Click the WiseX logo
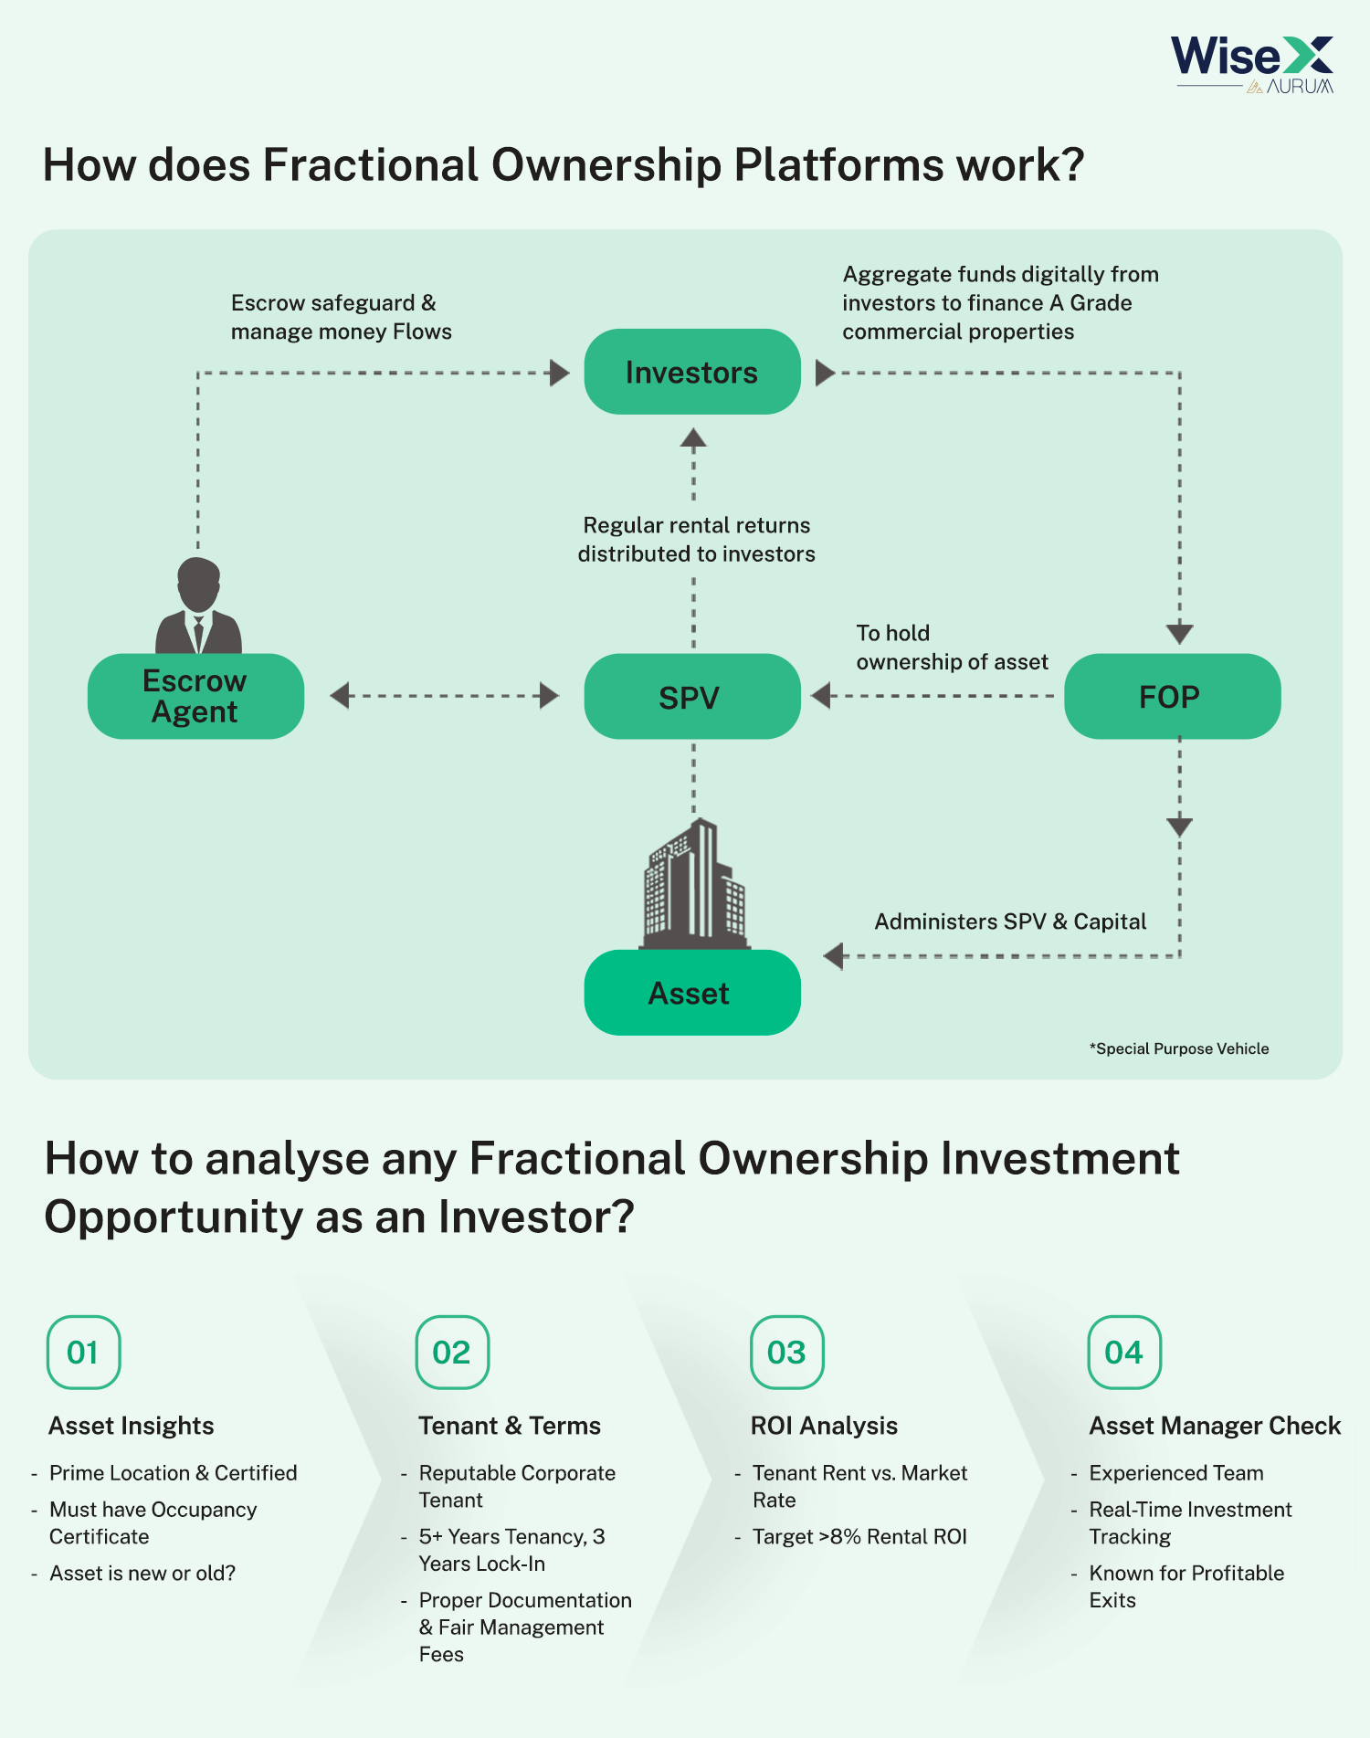1252,64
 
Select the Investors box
692,372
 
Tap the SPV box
692,696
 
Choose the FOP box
1173,696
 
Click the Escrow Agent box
195,696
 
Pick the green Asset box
692,993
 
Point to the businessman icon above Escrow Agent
199,606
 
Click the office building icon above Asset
695,884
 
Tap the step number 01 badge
83,1352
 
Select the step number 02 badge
452,1352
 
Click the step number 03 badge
786,1352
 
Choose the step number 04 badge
1124,1352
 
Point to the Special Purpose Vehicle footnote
1179,1048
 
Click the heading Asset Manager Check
1215,1426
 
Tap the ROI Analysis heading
824,1426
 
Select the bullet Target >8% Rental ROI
859,1537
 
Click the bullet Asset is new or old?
142,1574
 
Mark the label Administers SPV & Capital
1010,922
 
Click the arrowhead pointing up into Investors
693,438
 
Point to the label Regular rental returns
697,525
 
